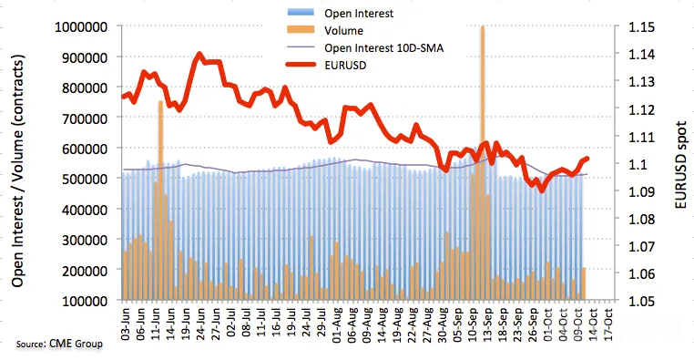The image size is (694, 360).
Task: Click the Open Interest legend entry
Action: (x=359, y=14)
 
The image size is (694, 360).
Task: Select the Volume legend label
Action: (x=343, y=31)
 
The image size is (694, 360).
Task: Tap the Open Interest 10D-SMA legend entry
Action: (x=383, y=47)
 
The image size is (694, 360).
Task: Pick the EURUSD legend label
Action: (x=345, y=65)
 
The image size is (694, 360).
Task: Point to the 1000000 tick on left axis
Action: (x=81, y=27)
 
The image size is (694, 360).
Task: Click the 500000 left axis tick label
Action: (x=85, y=179)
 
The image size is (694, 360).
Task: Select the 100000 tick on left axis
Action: (x=85, y=301)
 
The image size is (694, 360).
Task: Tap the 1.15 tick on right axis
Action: (x=641, y=27)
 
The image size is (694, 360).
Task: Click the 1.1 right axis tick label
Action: (x=638, y=164)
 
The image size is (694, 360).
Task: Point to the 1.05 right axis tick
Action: (x=641, y=301)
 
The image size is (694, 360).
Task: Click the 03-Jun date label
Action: (x=127, y=324)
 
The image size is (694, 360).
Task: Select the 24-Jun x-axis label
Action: (x=200, y=324)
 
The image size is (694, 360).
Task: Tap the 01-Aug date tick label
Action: (x=338, y=324)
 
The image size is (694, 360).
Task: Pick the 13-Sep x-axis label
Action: (x=487, y=324)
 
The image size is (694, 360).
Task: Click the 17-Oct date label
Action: (x=608, y=324)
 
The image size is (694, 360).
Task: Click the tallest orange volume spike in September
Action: (x=483, y=163)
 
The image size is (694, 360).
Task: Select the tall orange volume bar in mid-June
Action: (x=160, y=201)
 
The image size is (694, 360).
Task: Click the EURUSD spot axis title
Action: (x=681, y=165)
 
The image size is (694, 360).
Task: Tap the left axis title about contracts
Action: (x=18, y=171)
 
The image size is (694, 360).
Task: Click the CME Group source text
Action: (x=59, y=344)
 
